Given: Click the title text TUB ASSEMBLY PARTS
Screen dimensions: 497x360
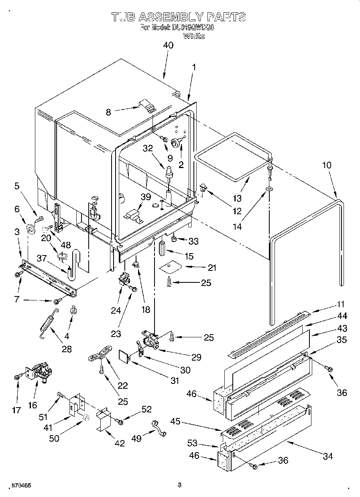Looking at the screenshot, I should click(179, 17).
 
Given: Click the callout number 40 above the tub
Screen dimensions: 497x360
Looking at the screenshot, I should click(168, 45).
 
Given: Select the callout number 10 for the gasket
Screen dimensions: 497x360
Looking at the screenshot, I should click(327, 165).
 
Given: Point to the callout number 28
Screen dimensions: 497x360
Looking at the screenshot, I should click(67, 349).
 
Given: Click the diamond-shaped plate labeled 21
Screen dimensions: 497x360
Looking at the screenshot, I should click(170, 266).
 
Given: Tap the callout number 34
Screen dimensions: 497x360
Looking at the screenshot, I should click(327, 456).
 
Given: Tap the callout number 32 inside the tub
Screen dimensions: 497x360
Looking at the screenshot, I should click(148, 148).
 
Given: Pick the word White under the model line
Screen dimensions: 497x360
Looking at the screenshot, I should click(193, 36).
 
